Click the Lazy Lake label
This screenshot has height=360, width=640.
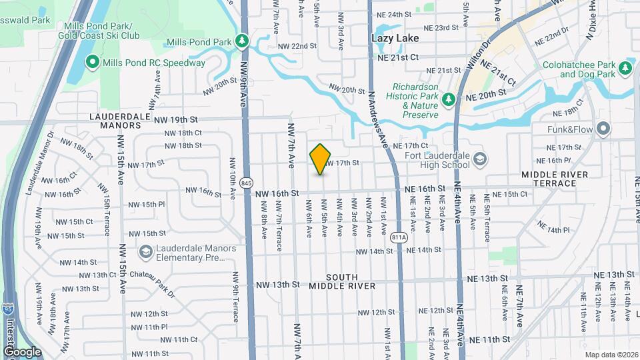point(395,39)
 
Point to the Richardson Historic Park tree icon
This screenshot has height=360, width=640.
point(449,99)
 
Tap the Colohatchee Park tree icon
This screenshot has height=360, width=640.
point(625,67)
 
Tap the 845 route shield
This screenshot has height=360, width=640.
point(247,182)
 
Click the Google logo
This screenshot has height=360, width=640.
point(21,352)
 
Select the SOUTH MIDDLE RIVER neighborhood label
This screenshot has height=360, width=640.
point(342,281)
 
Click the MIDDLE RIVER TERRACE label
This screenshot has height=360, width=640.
point(555,179)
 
